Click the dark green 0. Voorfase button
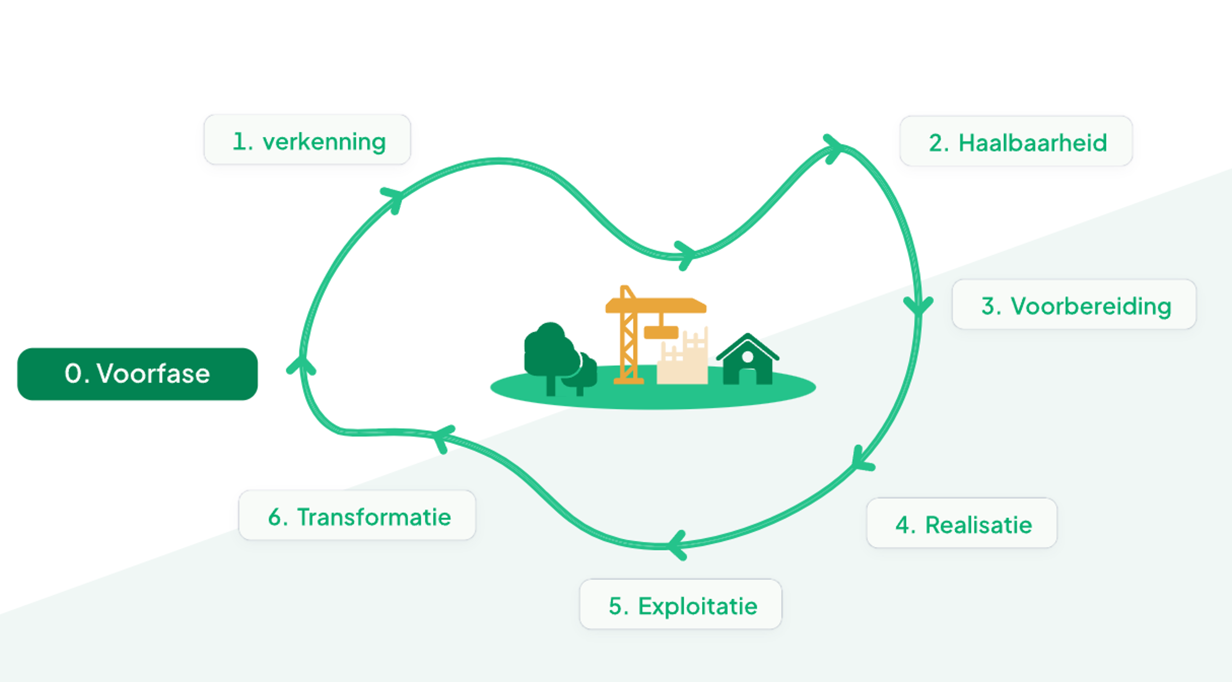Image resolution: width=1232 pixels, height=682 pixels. pos(137,373)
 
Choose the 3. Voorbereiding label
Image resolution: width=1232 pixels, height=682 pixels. pos(1074,305)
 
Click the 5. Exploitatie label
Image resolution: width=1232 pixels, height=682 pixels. pos(680,605)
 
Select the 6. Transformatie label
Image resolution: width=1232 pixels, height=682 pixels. pos(357,516)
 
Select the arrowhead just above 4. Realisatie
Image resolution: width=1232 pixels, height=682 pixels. pos(861,460)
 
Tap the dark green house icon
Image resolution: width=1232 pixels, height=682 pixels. pos(748,361)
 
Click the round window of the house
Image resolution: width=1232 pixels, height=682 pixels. pos(748,357)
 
